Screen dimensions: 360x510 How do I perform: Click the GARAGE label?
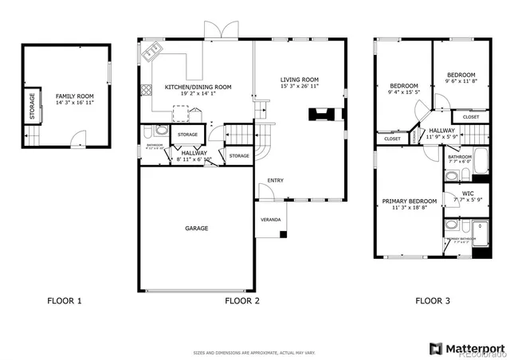pyautogui.click(x=197, y=229)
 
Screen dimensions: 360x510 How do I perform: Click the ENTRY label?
pyautogui.click(x=275, y=180)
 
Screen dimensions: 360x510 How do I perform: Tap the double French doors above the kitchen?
pyautogui.click(x=220, y=30)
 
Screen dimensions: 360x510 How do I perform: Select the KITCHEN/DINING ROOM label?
pyautogui.click(x=198, y=87)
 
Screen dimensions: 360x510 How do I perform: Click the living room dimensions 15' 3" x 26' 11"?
pyautogui.click(x=299, y=87)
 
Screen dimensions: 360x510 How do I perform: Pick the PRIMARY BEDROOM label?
pyautogui.click(x=409, y=201)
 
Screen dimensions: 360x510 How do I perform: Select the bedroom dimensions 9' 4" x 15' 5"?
pyautogui.click(x=403, y=93)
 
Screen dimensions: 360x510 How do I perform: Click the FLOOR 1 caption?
pyautogui.click(x=65, y=301)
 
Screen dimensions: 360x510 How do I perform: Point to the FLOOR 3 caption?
pyautogui.click(x=433, y=301)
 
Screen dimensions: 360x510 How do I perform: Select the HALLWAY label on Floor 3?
pyautogui.click(x=441, y=131)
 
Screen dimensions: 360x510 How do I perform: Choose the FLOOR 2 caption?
pyautogui.click(x=242, y=301)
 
